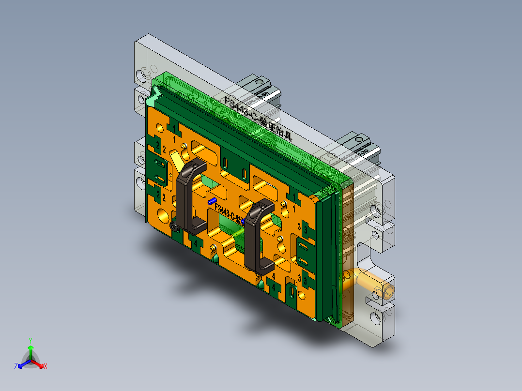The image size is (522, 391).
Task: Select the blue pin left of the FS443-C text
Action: click(x=212, y=200)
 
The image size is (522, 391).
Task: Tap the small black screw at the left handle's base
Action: click(x=173, y=226)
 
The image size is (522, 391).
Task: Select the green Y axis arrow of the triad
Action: click(x=31, y=348)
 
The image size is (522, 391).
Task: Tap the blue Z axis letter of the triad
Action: click(x=16, y=366)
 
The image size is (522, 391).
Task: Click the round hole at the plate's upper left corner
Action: click(x=159, y=129)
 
